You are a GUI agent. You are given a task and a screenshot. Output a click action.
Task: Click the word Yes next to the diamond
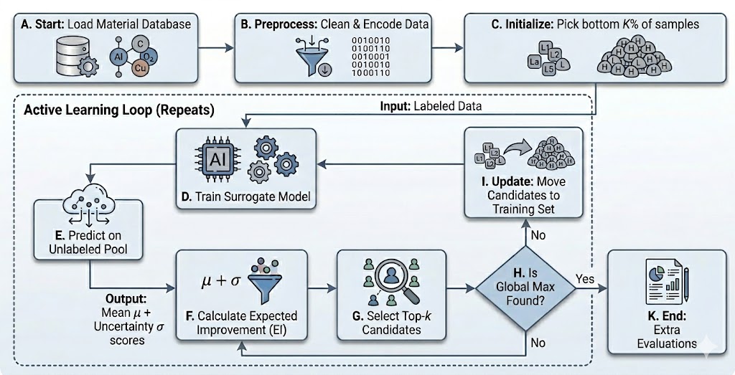tap(585, 279)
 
